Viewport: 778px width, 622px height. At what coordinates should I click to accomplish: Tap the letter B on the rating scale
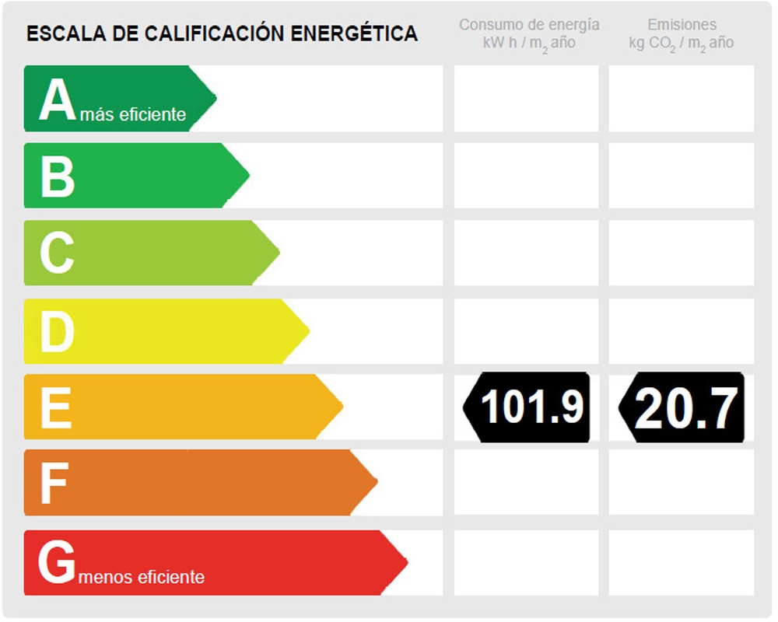pos(58,176)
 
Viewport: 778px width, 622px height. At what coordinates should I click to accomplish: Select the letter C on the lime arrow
pos(57,253)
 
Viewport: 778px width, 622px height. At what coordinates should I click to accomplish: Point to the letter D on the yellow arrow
pos(57,331)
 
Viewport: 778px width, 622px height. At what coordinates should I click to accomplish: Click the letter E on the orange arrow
pos(56,407)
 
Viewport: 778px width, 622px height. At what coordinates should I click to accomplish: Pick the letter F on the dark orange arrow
pos(54,484)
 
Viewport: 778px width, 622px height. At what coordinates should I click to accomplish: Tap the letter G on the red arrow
pos(57,563)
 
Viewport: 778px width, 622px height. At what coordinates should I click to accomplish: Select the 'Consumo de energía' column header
pos(529,25)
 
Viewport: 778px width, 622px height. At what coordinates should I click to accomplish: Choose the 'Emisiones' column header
pos(682,25)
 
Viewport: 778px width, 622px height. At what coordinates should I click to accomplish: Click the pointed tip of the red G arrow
pos(405,562)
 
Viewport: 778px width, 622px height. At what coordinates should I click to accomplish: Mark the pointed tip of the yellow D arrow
pos(307,331)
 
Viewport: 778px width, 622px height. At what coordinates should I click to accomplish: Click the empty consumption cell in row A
pos(526,99)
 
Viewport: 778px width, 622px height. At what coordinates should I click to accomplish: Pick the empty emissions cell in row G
pos(681,562)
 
